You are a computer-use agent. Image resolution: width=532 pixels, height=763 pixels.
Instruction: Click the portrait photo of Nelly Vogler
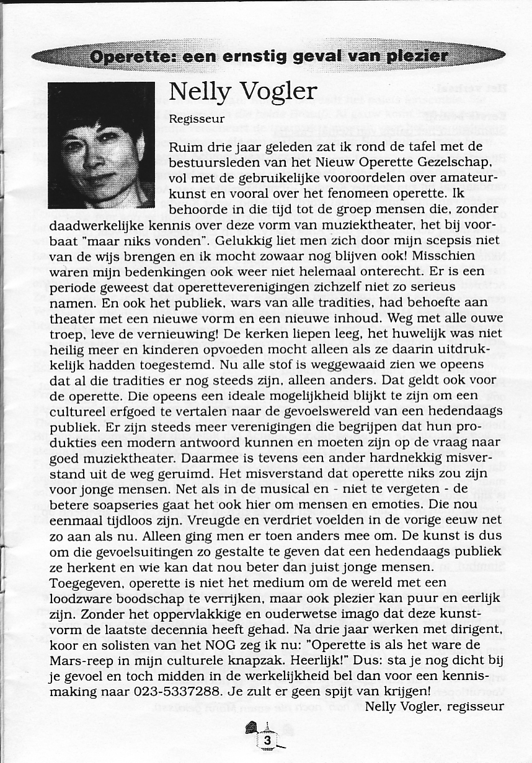click(x=101, y=146)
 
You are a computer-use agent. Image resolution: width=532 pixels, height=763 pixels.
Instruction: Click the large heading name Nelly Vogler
click(x=242, y=92)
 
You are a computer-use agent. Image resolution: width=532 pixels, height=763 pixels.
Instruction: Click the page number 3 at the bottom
click(x=267, y=740)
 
